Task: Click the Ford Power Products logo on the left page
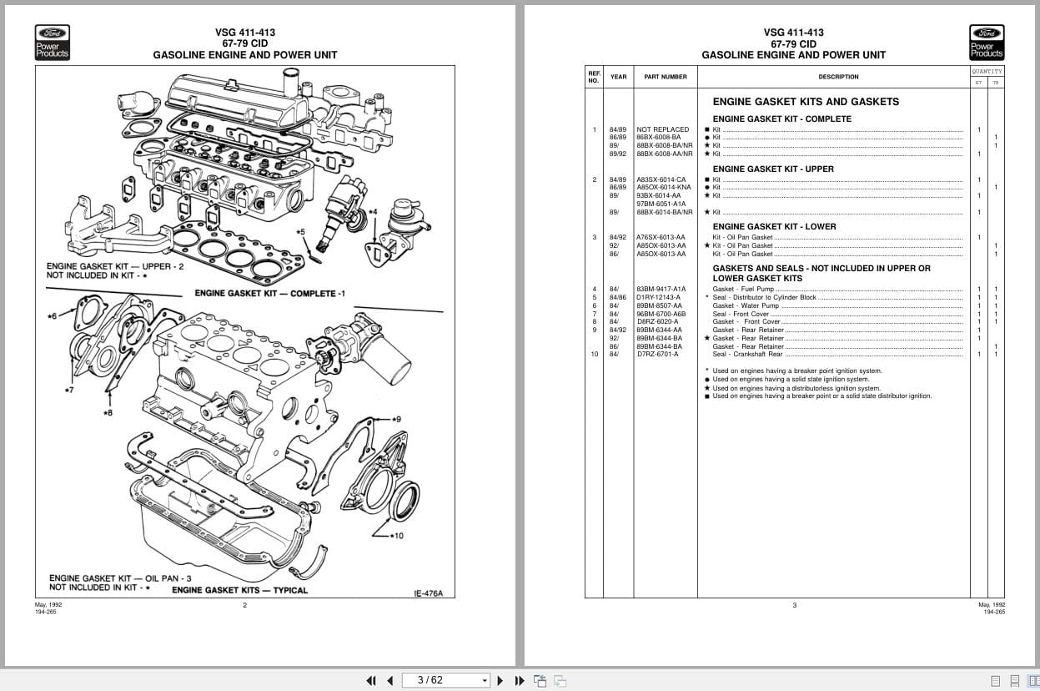tap(52, 43)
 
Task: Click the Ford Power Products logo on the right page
tap(987, 43)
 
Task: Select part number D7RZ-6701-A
tap(657, 355)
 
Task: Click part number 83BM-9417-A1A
tap(661, 290)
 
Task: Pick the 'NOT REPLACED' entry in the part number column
tap(662, 129)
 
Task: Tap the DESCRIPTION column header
tap(838, 77)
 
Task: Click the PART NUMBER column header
tap(665, 77)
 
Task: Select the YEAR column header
tap(618, 77)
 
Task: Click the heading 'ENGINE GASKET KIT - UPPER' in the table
tap(772, 169)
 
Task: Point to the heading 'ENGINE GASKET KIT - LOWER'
tap(774, 227)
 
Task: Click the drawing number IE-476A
tap(429, 594)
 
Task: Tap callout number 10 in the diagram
tap(396, 536)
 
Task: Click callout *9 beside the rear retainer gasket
tap(395, 419)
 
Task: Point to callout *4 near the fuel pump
tap(371, 212)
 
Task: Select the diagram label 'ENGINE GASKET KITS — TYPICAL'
tap(239, 590)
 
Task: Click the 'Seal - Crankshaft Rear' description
tap(747, 355)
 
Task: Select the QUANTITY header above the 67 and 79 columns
tap(987, 72)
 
